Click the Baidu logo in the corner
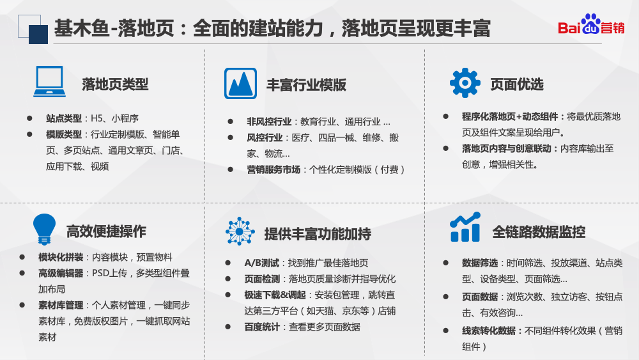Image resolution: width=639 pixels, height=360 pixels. [x=591, y=27]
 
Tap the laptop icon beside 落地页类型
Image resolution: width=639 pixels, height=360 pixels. [x=49, y=82]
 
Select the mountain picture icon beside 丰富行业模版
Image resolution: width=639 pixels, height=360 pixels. [x=240, y=84]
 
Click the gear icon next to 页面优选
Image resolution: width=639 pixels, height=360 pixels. [x=465, y=82]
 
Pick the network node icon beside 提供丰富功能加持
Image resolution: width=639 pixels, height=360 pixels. [x=240, y=231]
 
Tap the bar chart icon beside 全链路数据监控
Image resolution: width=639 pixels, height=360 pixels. [x=465, y=228]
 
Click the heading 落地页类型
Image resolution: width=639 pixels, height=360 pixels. [x=115, y=84]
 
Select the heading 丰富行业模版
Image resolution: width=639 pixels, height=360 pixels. [x=306, y=84]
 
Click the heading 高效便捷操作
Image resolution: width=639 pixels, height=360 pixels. [x=106, y=231]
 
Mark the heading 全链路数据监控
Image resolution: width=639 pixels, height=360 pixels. [x=539, y=231]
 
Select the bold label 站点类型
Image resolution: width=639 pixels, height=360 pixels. [x=64, y=118]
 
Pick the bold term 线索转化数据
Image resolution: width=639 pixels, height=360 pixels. [x=489, y=331]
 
